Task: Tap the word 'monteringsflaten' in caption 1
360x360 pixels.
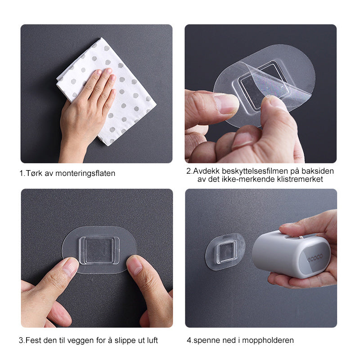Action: point(85,174)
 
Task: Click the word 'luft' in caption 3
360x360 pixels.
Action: point(153,340)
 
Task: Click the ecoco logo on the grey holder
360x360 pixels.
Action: point(315,257)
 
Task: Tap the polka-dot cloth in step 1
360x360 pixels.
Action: point(106,91)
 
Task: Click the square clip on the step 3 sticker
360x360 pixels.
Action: point(99,251)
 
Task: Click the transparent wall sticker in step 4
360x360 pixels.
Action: point(225,252)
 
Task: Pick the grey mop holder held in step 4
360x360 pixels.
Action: point(291,254)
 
